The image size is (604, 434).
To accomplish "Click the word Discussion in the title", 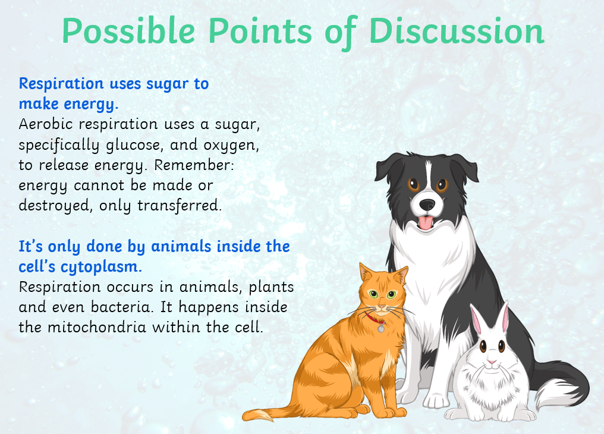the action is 457,31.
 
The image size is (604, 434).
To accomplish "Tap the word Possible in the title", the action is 128,31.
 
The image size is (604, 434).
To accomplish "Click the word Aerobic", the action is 45,124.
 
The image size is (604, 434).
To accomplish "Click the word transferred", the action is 180,205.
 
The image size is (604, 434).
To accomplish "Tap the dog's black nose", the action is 427,205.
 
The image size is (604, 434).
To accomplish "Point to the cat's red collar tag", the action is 381,328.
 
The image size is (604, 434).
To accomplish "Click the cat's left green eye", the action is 373,295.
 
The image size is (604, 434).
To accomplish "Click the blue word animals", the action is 181,247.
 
